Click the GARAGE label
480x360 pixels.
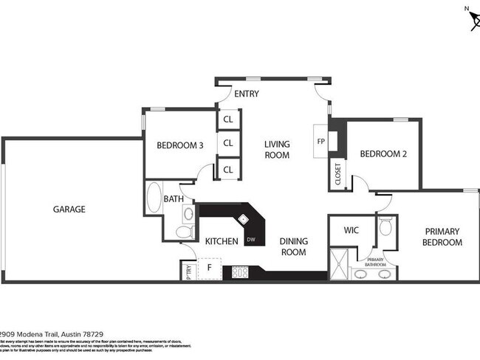tap(69, 210)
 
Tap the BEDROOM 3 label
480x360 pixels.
tap(180, 145)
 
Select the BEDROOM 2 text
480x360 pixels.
tap(383, 154)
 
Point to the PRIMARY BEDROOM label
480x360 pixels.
tap(443, 237)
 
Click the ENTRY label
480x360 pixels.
tap(246, 94)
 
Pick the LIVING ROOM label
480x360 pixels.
tap(278, 150)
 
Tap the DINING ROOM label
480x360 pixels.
tap(293, 246)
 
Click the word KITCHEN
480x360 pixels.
tap(222, 241)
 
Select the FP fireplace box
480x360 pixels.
tap(321, 140)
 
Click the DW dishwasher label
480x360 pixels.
tap(251, 239)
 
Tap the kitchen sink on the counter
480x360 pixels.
tap(243, 219)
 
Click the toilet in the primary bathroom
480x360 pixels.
tap(385, 227)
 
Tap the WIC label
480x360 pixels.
tap(352, 230)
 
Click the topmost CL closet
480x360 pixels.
tap(228, 120)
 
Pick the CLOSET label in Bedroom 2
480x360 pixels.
tap(338, 175)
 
